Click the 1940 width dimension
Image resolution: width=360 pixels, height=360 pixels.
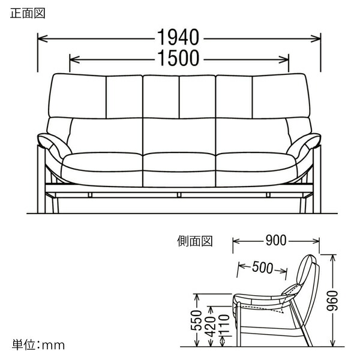point(178,37)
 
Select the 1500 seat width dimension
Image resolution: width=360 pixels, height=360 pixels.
point(178,58)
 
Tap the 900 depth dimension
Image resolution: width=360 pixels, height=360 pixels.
point(276,241)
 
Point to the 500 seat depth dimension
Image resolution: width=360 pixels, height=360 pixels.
point(263,268)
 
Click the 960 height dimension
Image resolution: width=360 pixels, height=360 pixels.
point(332,301)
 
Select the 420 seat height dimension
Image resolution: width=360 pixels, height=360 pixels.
point(211,326)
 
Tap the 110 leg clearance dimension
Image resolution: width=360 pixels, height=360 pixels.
point(224,326)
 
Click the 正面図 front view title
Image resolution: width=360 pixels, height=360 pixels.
point(28,13)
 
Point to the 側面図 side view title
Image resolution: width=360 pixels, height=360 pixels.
point(194,241)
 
